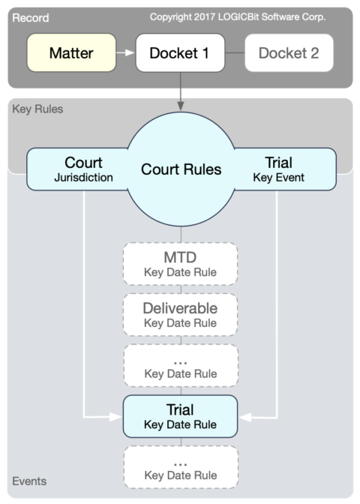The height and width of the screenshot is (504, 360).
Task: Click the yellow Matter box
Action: tap(71, 53)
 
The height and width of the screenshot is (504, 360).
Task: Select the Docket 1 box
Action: tap(180, 53)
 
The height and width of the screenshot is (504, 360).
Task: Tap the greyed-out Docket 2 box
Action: tap(289, 53)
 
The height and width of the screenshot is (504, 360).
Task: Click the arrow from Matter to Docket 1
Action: tap(125, 53)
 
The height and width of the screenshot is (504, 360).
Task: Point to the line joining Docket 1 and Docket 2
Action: tap(235, 53)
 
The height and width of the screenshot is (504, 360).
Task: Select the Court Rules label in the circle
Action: tap(181, 169)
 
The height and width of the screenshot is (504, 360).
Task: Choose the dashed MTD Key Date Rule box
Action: tap(180, 264)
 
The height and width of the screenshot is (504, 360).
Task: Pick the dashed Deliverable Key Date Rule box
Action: tap(180, 315)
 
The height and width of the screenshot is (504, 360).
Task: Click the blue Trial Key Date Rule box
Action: tap(180, 416)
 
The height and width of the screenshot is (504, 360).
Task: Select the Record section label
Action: tap(30, 16)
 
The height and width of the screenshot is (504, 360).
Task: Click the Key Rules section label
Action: tap(37, 109)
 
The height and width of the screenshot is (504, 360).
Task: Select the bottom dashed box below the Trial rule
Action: tap(180, 468)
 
